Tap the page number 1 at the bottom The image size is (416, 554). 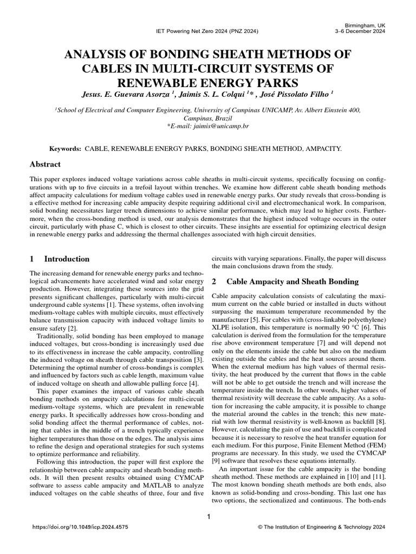pos(208,517)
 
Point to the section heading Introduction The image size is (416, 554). pos(67,259)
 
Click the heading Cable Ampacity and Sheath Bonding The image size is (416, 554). pos(292,281)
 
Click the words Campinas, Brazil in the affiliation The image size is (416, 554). pos(208,117)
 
